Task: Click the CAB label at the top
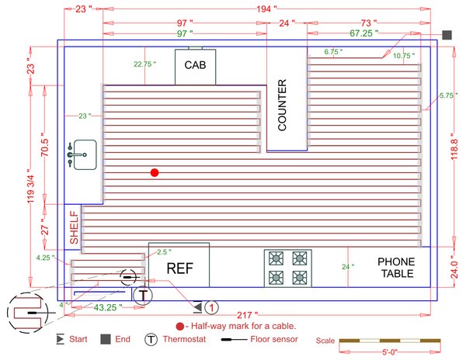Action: (194, 64)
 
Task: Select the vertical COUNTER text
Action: (283, 104)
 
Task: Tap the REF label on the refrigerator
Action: (179, 268)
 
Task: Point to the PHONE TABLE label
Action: (395, 268)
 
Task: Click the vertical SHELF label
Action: (75, 228)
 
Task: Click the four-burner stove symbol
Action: (287, 268)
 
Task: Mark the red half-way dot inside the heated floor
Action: (155, 172)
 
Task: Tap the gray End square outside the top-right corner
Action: (447, 35)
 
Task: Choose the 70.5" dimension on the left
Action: (45, 146)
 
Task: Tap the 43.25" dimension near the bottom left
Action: (107, 308)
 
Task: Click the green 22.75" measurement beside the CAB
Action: (144, 64)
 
